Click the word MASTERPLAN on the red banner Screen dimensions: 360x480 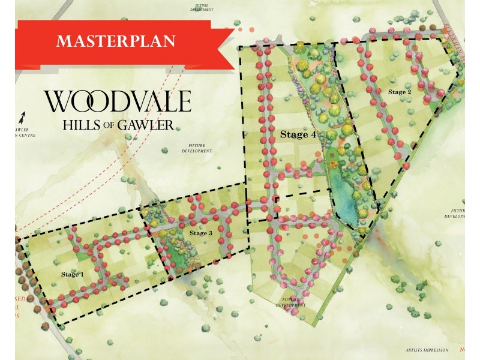point(116,41)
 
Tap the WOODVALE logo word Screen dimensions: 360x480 point(118,101)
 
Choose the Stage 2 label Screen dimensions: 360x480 point(400,92)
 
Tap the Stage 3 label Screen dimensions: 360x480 point(201,233)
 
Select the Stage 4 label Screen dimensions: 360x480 point(298,135)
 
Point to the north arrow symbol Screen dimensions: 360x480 point(23,116)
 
